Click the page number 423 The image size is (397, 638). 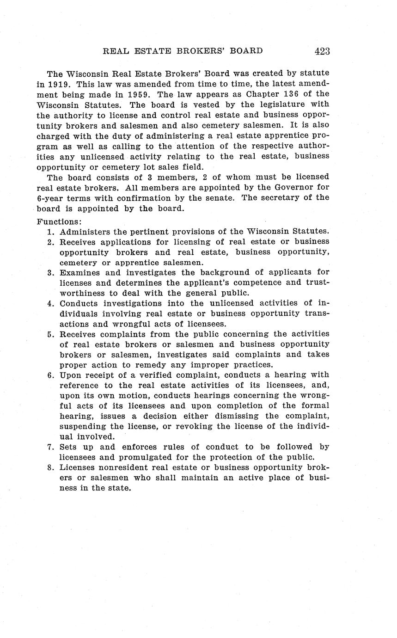point(322,51)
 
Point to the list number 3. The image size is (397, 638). point(51,272)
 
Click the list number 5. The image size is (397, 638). point(51,334)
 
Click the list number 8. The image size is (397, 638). point(51,467)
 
